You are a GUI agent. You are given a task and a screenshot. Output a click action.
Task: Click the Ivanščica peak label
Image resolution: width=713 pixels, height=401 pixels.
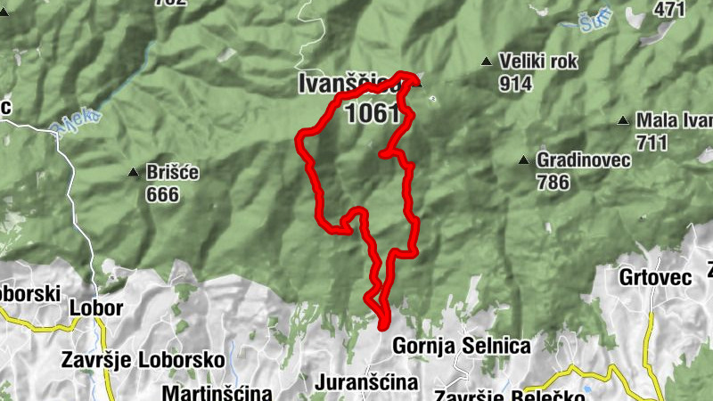(x=348, y=85)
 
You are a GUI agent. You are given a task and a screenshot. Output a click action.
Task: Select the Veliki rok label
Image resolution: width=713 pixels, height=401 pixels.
(x=539, y=62)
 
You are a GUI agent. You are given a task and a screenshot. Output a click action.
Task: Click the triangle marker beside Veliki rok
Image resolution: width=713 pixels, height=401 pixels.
(x=486, y=61)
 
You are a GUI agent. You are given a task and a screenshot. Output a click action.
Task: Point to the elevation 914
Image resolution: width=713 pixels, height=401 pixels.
(x=516, y=85)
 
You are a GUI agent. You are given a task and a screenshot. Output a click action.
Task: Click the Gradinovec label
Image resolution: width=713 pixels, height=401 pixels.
(x=584, y=160)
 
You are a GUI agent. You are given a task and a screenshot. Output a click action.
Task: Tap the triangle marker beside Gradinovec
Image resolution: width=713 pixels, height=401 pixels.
(x=524, y=160)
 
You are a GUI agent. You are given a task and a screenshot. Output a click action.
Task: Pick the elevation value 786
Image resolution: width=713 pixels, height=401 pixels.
(x=553, y=183)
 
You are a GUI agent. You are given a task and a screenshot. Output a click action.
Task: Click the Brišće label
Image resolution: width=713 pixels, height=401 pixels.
(x=173, y=173)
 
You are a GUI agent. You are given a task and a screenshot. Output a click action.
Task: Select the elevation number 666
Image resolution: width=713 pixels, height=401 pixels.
(x=163, y=194)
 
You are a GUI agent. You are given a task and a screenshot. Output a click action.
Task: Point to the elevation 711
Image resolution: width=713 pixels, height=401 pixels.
(x=653, y=142)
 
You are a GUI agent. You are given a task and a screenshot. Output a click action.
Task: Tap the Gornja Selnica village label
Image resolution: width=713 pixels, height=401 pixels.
(x=462, y=346)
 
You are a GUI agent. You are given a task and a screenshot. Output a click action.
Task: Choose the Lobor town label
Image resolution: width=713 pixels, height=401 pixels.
(x=95, y=308)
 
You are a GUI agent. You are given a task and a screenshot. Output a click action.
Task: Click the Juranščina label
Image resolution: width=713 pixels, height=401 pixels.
(x=366, y=382)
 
